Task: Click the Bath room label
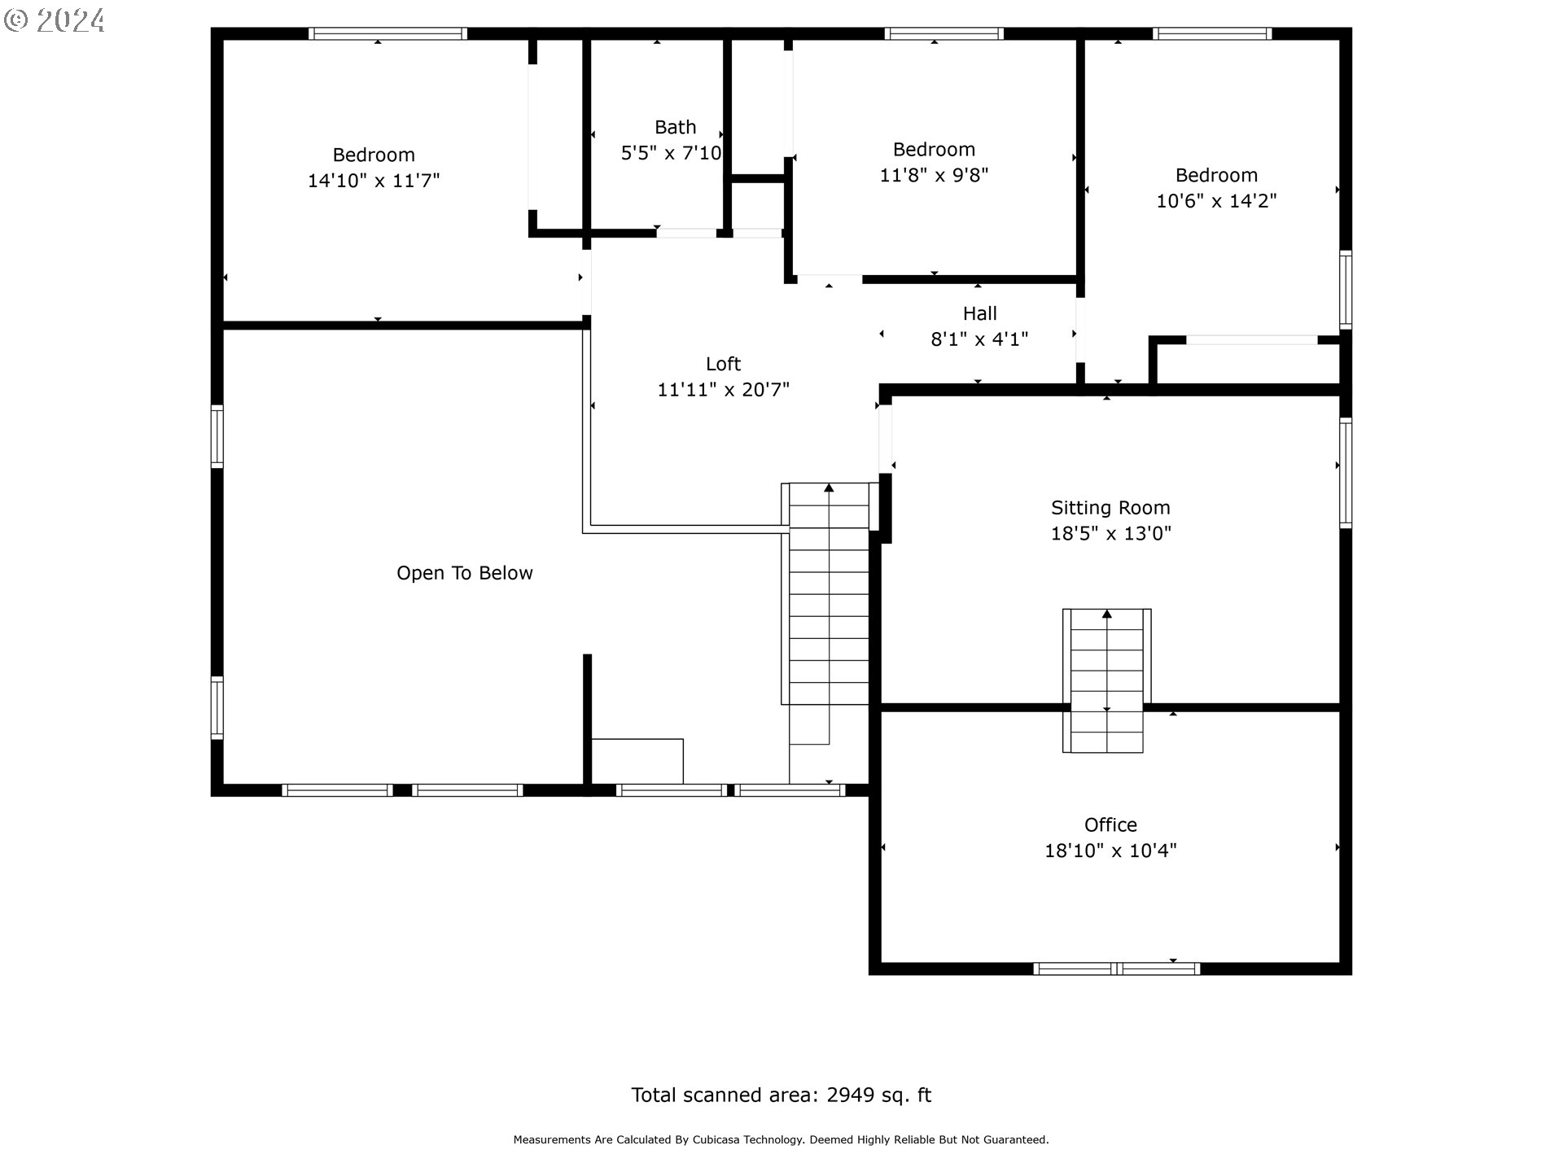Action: [675, 127]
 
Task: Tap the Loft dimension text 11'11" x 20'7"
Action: [724, 390]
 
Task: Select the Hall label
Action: [980, 313]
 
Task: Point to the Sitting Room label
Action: [1110, 508]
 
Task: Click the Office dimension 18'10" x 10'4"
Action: [1110, 851]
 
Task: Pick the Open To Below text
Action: [465, 573]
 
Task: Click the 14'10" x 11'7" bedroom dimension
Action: [374, 181]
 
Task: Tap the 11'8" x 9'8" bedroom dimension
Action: [934, 175]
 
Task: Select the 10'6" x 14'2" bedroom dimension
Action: [1216, 201]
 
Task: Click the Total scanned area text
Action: [781, 1095]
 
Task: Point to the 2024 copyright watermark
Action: [55, 20]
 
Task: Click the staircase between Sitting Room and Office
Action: [1106, 680]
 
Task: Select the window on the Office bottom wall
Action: [1116, 969]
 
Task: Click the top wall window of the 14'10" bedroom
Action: [387, 34]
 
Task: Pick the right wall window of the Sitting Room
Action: [1346, 473]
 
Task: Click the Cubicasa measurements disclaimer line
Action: [781, 1140]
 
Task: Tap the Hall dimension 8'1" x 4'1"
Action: [979, 339]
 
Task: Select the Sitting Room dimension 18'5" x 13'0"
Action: [1110, 534]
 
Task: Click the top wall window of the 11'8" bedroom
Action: [944, 34]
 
